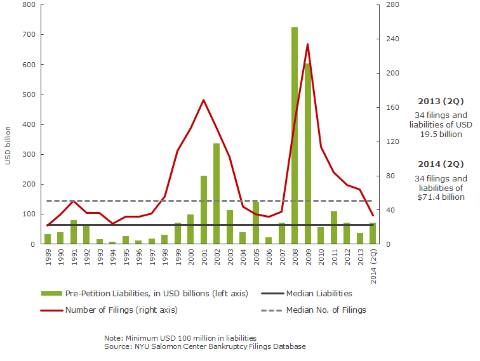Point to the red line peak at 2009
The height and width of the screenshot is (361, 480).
coord(307,44)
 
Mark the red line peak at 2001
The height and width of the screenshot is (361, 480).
coord(203,100)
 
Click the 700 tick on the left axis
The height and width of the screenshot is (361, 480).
coord(28,34)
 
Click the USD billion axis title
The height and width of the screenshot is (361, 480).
coord(8,147)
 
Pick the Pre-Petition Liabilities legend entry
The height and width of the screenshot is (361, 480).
coord(155,293)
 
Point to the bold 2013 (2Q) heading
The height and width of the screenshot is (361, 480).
coord(441,102)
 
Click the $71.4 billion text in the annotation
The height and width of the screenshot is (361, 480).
coord(441,197)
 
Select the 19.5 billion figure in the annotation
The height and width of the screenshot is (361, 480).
coord(441,134)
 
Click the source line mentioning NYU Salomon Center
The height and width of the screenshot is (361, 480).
coord(204,347)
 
